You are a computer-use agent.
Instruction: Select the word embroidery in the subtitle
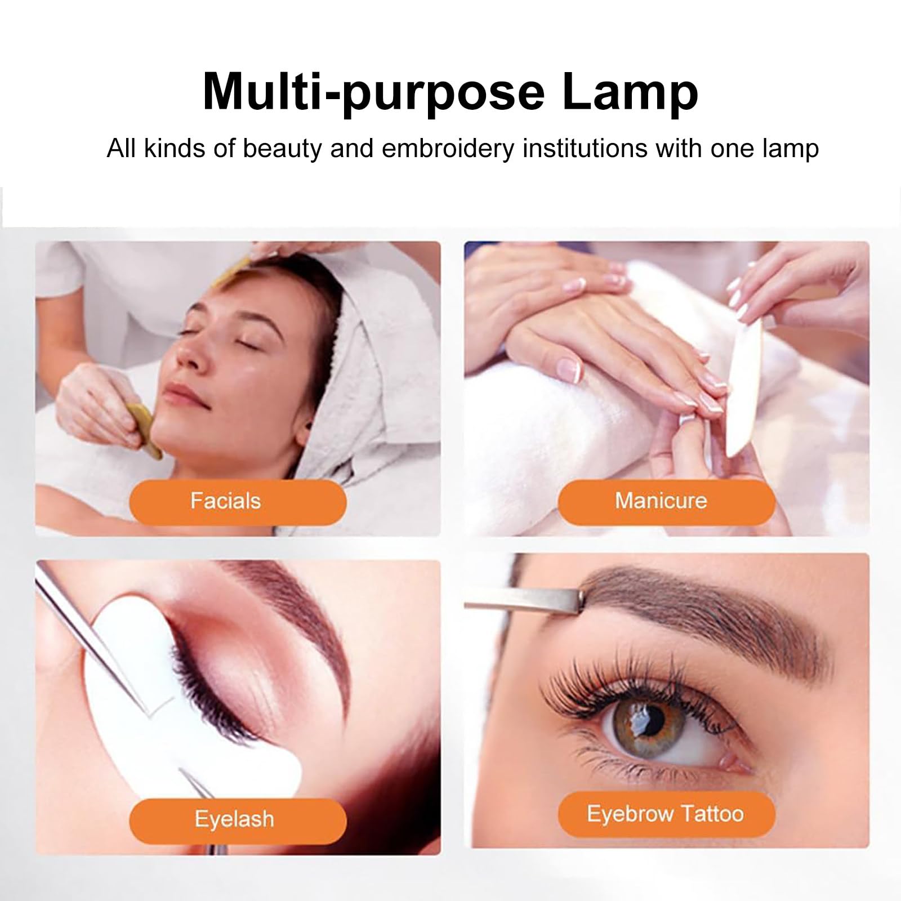click(448, 149)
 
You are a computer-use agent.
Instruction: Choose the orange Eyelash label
click(238, 820)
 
